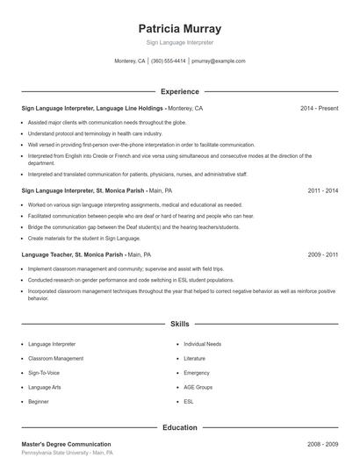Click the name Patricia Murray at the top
[x=179, y=28]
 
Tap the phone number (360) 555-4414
[x=168, y=61]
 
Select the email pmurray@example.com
[x=218, y=61]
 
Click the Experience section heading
[x=179, y=91]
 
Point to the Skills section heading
[x=179, y=324]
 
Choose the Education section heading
[x=179, y=427]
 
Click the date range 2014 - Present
[x=319, y=108]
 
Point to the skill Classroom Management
[x=56, y=358]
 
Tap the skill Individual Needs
[x=202, y=344]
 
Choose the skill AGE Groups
[x=198, y=386]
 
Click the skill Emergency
[x=197, y=372]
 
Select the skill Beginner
[x=39, y=400]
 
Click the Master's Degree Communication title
[x=66, y=445]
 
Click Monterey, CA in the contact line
[x=130, y=61]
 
